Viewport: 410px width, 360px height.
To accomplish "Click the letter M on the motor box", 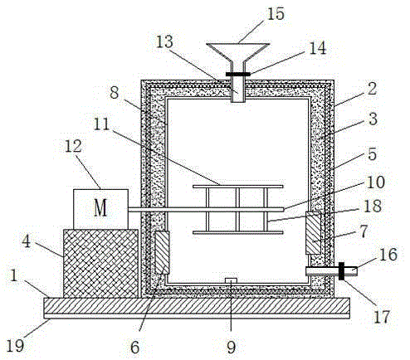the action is click(x=100, y=208).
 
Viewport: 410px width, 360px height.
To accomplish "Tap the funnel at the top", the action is click(x=238, y=52).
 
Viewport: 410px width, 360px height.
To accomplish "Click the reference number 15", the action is click(x=276, y=14).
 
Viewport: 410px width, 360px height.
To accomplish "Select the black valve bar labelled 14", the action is click(x=238, y=74).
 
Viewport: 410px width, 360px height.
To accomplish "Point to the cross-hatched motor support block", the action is click(x=100, y=264).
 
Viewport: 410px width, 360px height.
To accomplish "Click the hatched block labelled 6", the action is click(x=162, y=252).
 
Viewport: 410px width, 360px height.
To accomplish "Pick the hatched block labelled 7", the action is click(x=314, y=233).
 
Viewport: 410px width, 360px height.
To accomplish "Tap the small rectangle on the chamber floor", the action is click(x=231, y=280).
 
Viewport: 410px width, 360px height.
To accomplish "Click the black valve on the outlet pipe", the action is click(x=342, y=271).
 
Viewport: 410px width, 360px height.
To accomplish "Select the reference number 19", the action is click(x=15, y=345).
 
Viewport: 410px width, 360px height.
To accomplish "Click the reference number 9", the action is click(x=232, y=347).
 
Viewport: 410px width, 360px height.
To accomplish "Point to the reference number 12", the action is click(x=73, y=146).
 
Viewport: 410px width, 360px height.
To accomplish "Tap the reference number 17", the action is click(x=382, y=317).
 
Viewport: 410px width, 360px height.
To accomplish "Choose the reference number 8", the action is click(x=115, y=93).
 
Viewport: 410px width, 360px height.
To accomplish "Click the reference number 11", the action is click(x=101, y=124).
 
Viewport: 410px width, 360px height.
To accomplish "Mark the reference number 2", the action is click(x=372, y=89).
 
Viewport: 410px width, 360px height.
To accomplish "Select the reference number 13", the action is click(x=164, y=42).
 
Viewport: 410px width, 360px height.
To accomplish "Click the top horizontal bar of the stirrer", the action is click(x=238, y=187).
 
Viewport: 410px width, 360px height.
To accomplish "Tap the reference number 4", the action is click(x=26, y=241).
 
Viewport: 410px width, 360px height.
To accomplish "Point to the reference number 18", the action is click(x=373, y=206).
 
